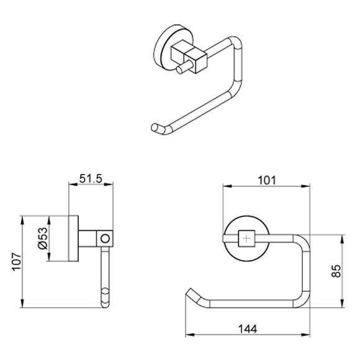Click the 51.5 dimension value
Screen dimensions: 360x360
coord(91,179)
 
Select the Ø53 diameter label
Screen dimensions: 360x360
coord(43,238)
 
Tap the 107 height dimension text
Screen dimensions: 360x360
coord(17,262)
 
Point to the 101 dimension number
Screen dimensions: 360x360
coord(267,181)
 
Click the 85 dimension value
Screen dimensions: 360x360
coord(336,271)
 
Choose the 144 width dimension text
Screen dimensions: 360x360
coord(248,329)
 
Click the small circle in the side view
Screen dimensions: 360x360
coord(106,238)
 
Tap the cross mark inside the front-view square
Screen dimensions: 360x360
coord(246,239)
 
